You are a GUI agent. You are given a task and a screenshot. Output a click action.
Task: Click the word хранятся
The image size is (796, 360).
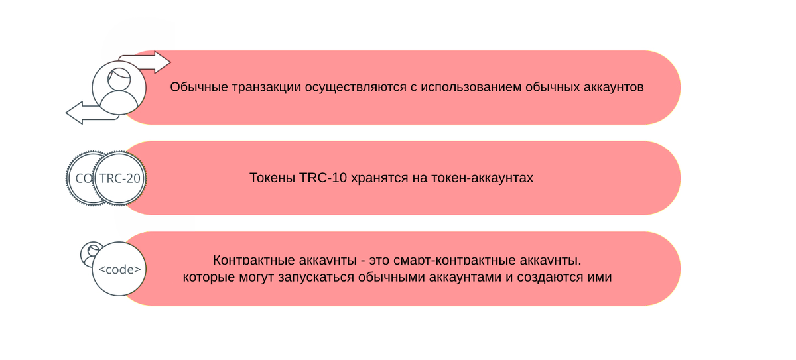click(373, 178)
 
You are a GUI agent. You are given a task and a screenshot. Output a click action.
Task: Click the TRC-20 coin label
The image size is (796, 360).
click(119, 178)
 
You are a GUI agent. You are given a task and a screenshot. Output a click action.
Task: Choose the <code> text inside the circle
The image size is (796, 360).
click(119, 270)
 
